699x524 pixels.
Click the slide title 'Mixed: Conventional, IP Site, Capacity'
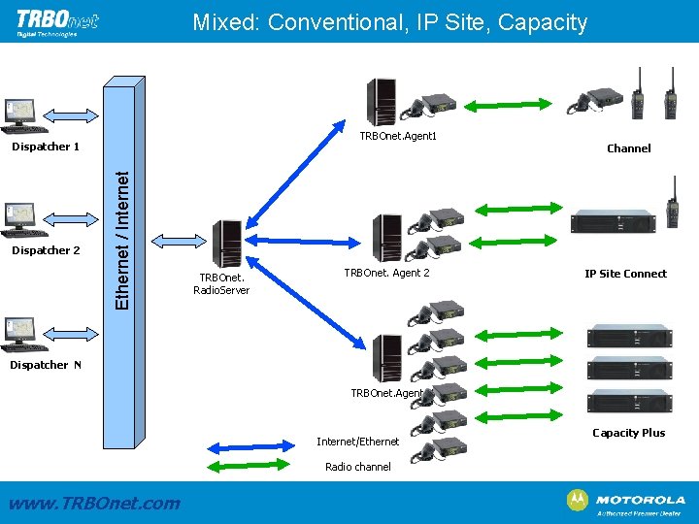pyautogui.click(x=389, y=22)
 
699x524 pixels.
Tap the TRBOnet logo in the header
pyautogui.click(x=57, y=21)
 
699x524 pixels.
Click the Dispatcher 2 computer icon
pyautogui.click(x=19, y=219)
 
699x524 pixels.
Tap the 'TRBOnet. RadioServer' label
pyautogui.click(x=221, y=283)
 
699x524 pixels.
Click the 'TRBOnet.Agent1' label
pyautogui.click(x=398, y=136)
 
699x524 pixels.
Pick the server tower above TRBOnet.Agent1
pyautogui.click(x=381, y=101)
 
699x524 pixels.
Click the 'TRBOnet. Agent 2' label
pyautogui.click(x=386, y=274)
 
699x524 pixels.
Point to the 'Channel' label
pyautogui.click(x=628, y=148)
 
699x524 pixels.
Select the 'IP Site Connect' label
pyautogui.click(x=625, y=274)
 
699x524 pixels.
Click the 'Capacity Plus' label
pyautogui.click(x=628, y=433)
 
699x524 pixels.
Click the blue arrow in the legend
pyautogui.click(x=246, y=447)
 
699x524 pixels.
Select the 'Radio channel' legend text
pyautogui.click(x=358, y=467)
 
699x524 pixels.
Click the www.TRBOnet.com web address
pyautogui.click(x=93, y=503)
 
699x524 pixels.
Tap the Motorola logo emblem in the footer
pyautogui.click(x=577, y=500)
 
